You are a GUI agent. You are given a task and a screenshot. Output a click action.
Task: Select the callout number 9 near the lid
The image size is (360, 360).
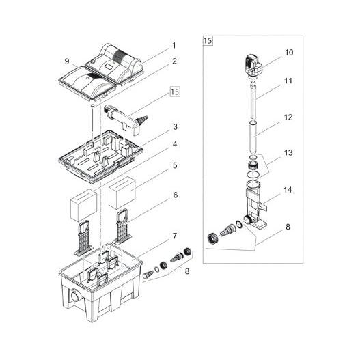click(x=66, y=61)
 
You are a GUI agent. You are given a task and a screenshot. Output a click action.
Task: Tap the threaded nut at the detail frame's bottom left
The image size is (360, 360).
click(x=213, y=238)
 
